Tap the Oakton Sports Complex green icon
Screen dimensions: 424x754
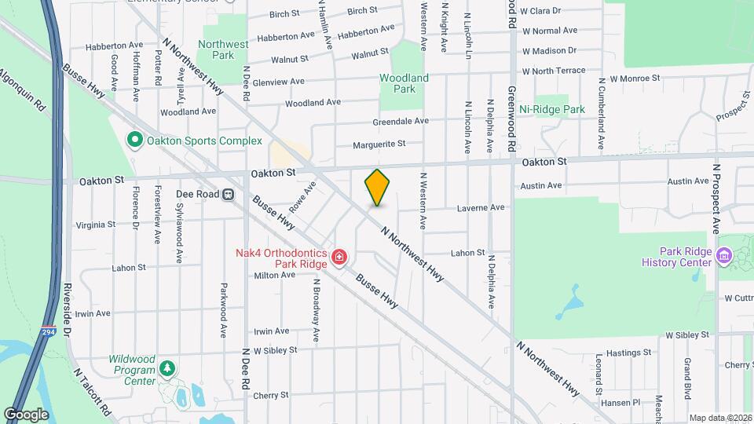coord(134,141)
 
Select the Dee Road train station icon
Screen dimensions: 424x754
coord(229,194)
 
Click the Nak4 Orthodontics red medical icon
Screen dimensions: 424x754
coord(339,258)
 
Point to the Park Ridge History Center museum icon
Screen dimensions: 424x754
coord(724,256)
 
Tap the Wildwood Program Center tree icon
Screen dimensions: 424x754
coord(167,368)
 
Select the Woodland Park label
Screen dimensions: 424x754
coord(404,83)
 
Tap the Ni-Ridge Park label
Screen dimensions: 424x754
coord(553,109)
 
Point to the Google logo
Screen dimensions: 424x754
coord(26,414)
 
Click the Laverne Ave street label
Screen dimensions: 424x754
coord(481,208)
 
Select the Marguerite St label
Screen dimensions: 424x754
coord(379,144)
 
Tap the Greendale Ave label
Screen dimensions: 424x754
coord(401,121)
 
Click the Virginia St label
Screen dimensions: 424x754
coord(95,225)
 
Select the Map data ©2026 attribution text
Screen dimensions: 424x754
coord(720,418)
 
